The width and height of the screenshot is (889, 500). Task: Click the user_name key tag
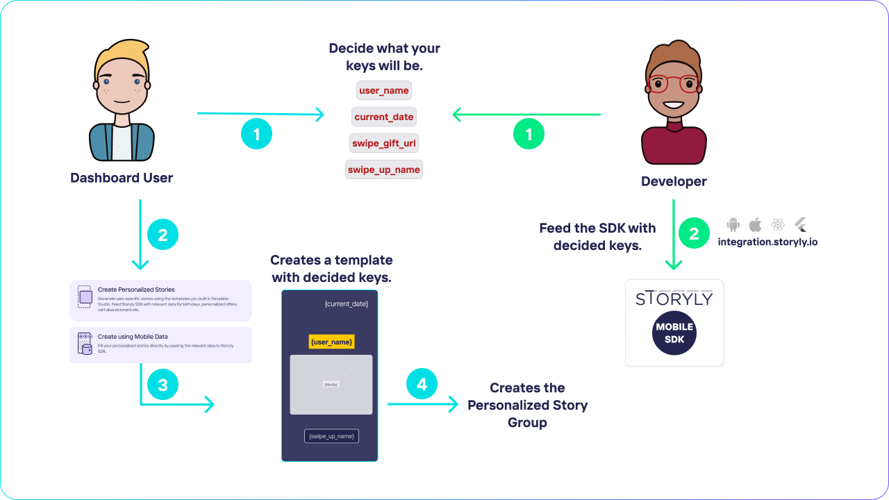383,91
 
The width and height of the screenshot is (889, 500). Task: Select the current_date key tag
383,117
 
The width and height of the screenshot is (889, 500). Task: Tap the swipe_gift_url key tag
384,144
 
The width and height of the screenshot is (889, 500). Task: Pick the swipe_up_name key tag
383,169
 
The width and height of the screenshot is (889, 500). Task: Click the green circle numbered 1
529,134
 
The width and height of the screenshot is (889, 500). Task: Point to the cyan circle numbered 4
422,384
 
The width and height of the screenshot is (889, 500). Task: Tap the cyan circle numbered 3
163,385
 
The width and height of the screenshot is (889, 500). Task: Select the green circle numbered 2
694,234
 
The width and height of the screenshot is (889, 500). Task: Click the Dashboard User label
122,178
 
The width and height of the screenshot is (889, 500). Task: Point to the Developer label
674,182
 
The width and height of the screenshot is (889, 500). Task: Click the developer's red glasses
672,83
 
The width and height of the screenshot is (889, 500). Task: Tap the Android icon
733,225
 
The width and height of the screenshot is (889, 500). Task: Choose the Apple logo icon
755,225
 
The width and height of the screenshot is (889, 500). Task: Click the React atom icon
778,225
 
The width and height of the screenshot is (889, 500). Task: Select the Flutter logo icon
800,225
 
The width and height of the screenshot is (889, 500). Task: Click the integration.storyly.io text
767,242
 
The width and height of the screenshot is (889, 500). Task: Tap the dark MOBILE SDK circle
674,333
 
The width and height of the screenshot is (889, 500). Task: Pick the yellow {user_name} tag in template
332,342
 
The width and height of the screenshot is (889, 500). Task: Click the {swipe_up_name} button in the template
331,436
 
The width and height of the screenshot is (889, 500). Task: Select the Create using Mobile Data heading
133,337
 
